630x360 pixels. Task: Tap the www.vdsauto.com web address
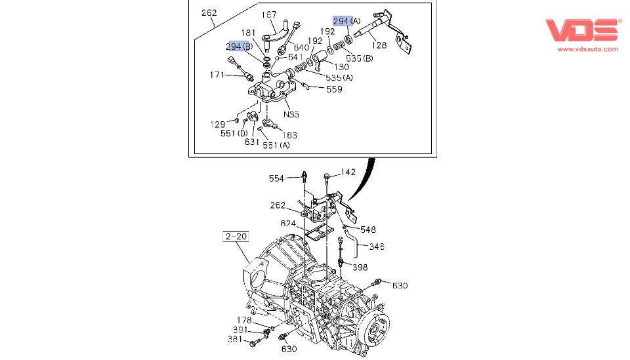(587, 49)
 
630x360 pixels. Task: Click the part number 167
(269, 14)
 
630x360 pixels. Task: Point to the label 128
(379, 45)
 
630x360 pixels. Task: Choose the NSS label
(291, 114)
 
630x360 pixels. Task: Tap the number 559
(334, 89)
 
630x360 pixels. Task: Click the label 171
(218, 75)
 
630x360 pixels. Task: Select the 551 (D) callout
(232, 134)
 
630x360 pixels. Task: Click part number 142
(348, 172)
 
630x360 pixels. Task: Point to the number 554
(277, 178)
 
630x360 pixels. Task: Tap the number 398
(360, 267)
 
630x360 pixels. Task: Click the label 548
(368, 230)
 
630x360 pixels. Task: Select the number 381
(234, 339)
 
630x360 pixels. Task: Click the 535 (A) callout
(339, 77)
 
